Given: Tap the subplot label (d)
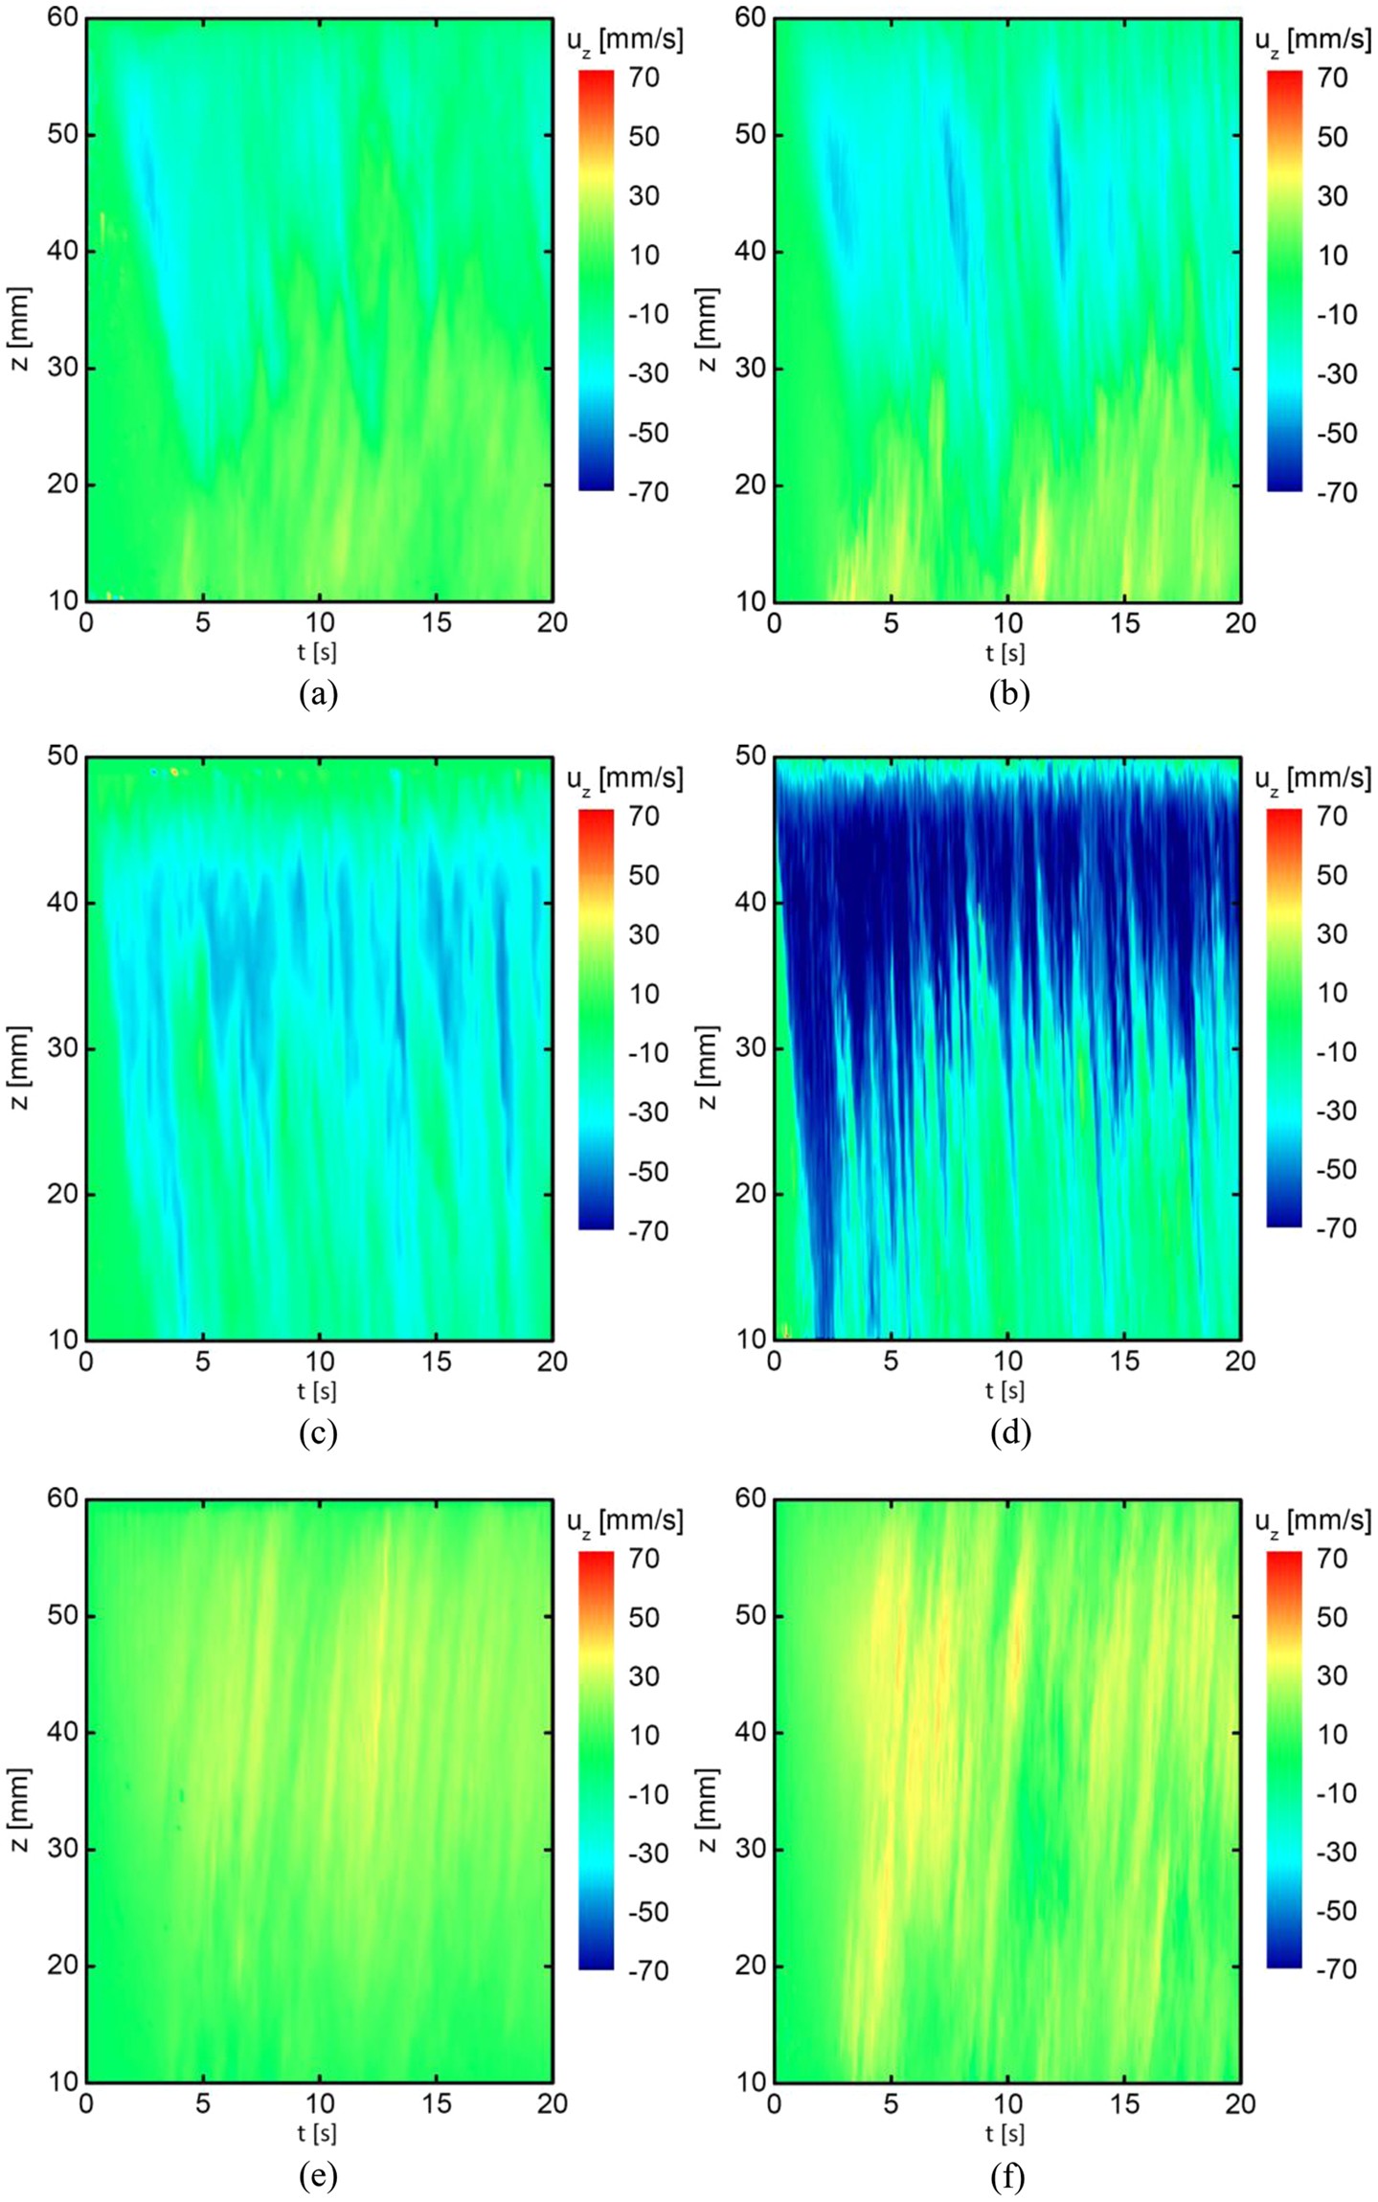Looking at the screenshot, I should [1009, 1432].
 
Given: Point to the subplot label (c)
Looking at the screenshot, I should [318, 1432].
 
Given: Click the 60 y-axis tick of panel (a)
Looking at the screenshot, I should [63, 17].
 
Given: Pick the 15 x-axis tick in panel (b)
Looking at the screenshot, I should [1124, 623].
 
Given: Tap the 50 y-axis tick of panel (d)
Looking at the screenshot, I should [751, 756].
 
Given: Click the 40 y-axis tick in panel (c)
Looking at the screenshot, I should [63, 903].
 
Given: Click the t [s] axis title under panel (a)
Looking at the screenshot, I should [317, 653].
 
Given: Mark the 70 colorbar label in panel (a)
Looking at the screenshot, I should [644, 77].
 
